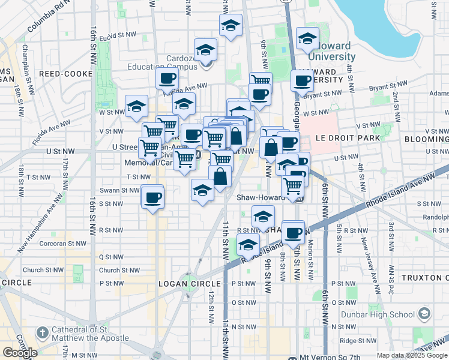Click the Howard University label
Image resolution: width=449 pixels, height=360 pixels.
tap(332, 52)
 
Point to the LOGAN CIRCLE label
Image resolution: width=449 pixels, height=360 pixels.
tap(185, 283)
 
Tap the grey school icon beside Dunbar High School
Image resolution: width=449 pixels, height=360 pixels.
tap(424, 314)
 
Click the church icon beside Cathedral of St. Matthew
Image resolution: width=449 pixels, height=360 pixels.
tap(41, 332)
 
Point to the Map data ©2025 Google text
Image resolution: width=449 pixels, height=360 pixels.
tap(411, 355)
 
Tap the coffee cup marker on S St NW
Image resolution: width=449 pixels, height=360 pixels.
tap(152, 197)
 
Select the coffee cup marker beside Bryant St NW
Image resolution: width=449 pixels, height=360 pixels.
tap(302, 80)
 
